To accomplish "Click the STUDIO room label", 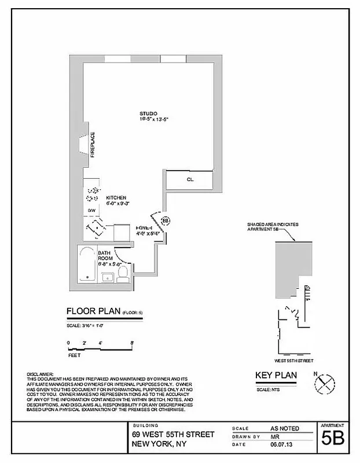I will (148, 113).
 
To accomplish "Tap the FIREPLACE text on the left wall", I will (92, 145).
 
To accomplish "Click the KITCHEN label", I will (116, 197).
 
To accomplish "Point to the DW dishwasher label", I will (91, 210).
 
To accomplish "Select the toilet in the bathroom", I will (123, 273).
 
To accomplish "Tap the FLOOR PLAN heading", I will (92, 313).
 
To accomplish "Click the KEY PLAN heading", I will (276, 376).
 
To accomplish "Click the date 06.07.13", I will (280, 444).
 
